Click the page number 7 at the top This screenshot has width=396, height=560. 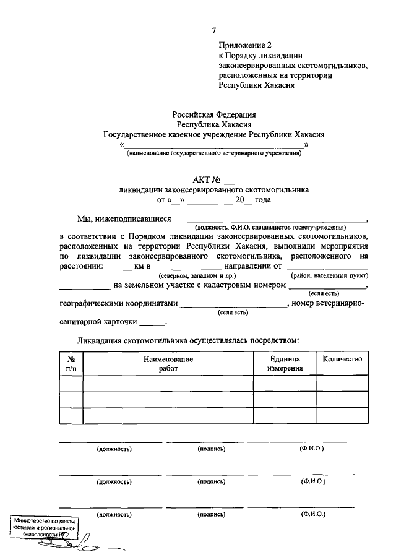point(214,30)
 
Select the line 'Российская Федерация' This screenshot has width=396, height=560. point(213,114)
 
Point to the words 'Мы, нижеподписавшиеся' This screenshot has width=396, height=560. point(124,218)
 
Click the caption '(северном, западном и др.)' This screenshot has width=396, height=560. point(194,274)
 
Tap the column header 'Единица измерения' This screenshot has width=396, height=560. point(285,363)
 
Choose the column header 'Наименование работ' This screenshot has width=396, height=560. point(168,363)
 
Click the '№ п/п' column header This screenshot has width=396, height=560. point(71,363)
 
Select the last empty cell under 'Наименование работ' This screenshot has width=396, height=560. point(168,416)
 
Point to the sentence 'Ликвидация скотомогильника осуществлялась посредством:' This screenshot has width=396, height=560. point(188,340)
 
